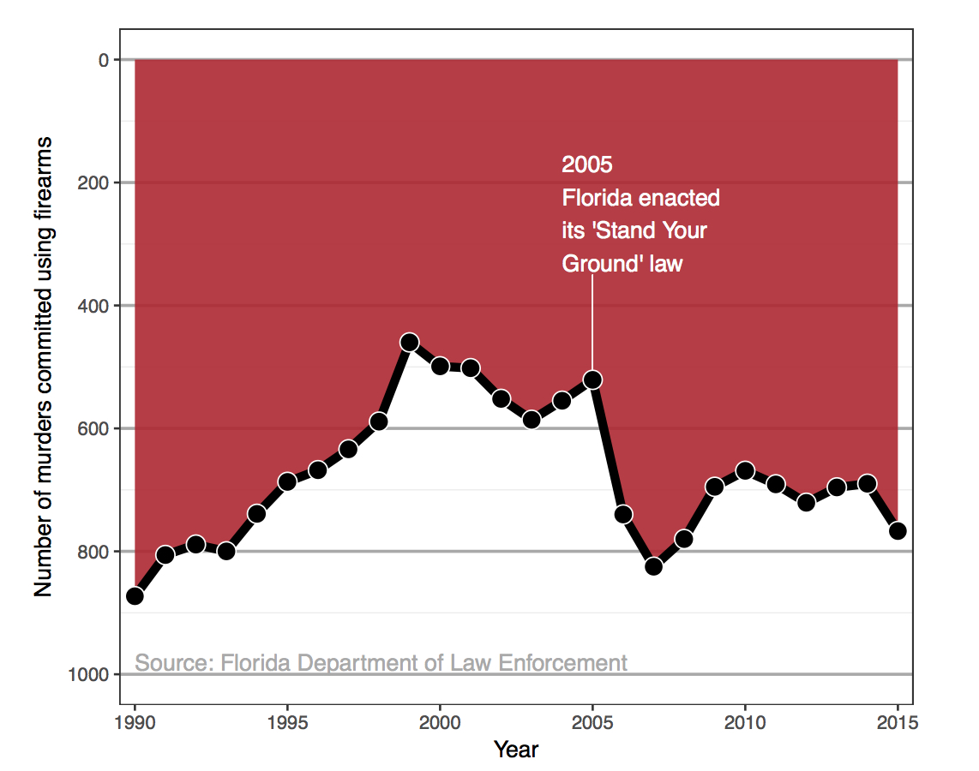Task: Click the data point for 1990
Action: (135, 595)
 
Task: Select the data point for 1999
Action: (409, 343)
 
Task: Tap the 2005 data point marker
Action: (592, 380)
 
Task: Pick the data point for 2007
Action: (653, 565)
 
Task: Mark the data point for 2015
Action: (898, 530)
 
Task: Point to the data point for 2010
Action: (745, 470)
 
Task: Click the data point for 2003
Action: (532, 419)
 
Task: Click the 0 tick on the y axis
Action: (103, 60)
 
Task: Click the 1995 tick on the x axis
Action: (287, 722)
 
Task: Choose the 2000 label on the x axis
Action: (440, 722)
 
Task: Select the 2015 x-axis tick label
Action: (898, 722)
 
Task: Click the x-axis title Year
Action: (516, 750)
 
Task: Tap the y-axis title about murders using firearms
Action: (43, 367)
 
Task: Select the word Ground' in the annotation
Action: (592, 264)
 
